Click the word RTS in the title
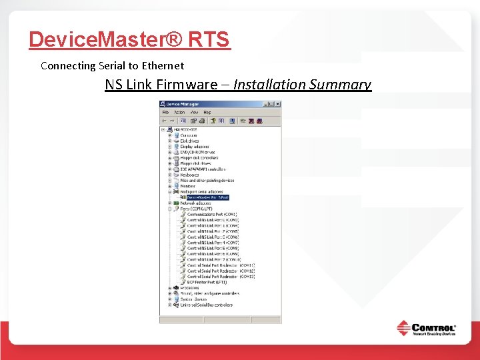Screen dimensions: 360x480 point(209,40)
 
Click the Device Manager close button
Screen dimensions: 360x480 point(278,104)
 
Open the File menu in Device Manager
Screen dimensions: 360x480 point(165,113)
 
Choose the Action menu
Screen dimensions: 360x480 point(179,113)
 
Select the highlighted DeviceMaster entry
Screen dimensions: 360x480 point(207,197)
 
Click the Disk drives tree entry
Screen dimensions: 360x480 point(189,141)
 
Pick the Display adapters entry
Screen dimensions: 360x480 point(194,147)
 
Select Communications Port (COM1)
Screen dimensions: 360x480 point(212,215)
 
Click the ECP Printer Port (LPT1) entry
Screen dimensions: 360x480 point(207,283)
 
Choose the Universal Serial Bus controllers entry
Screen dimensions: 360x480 point(206,305)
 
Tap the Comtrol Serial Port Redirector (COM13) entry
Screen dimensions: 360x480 point(221,277)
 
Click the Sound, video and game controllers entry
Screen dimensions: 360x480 point(209,293)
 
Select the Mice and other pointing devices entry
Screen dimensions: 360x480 point(207,181)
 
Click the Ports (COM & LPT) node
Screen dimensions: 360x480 point(195,209)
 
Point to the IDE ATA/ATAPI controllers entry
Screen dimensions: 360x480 point(203,169)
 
